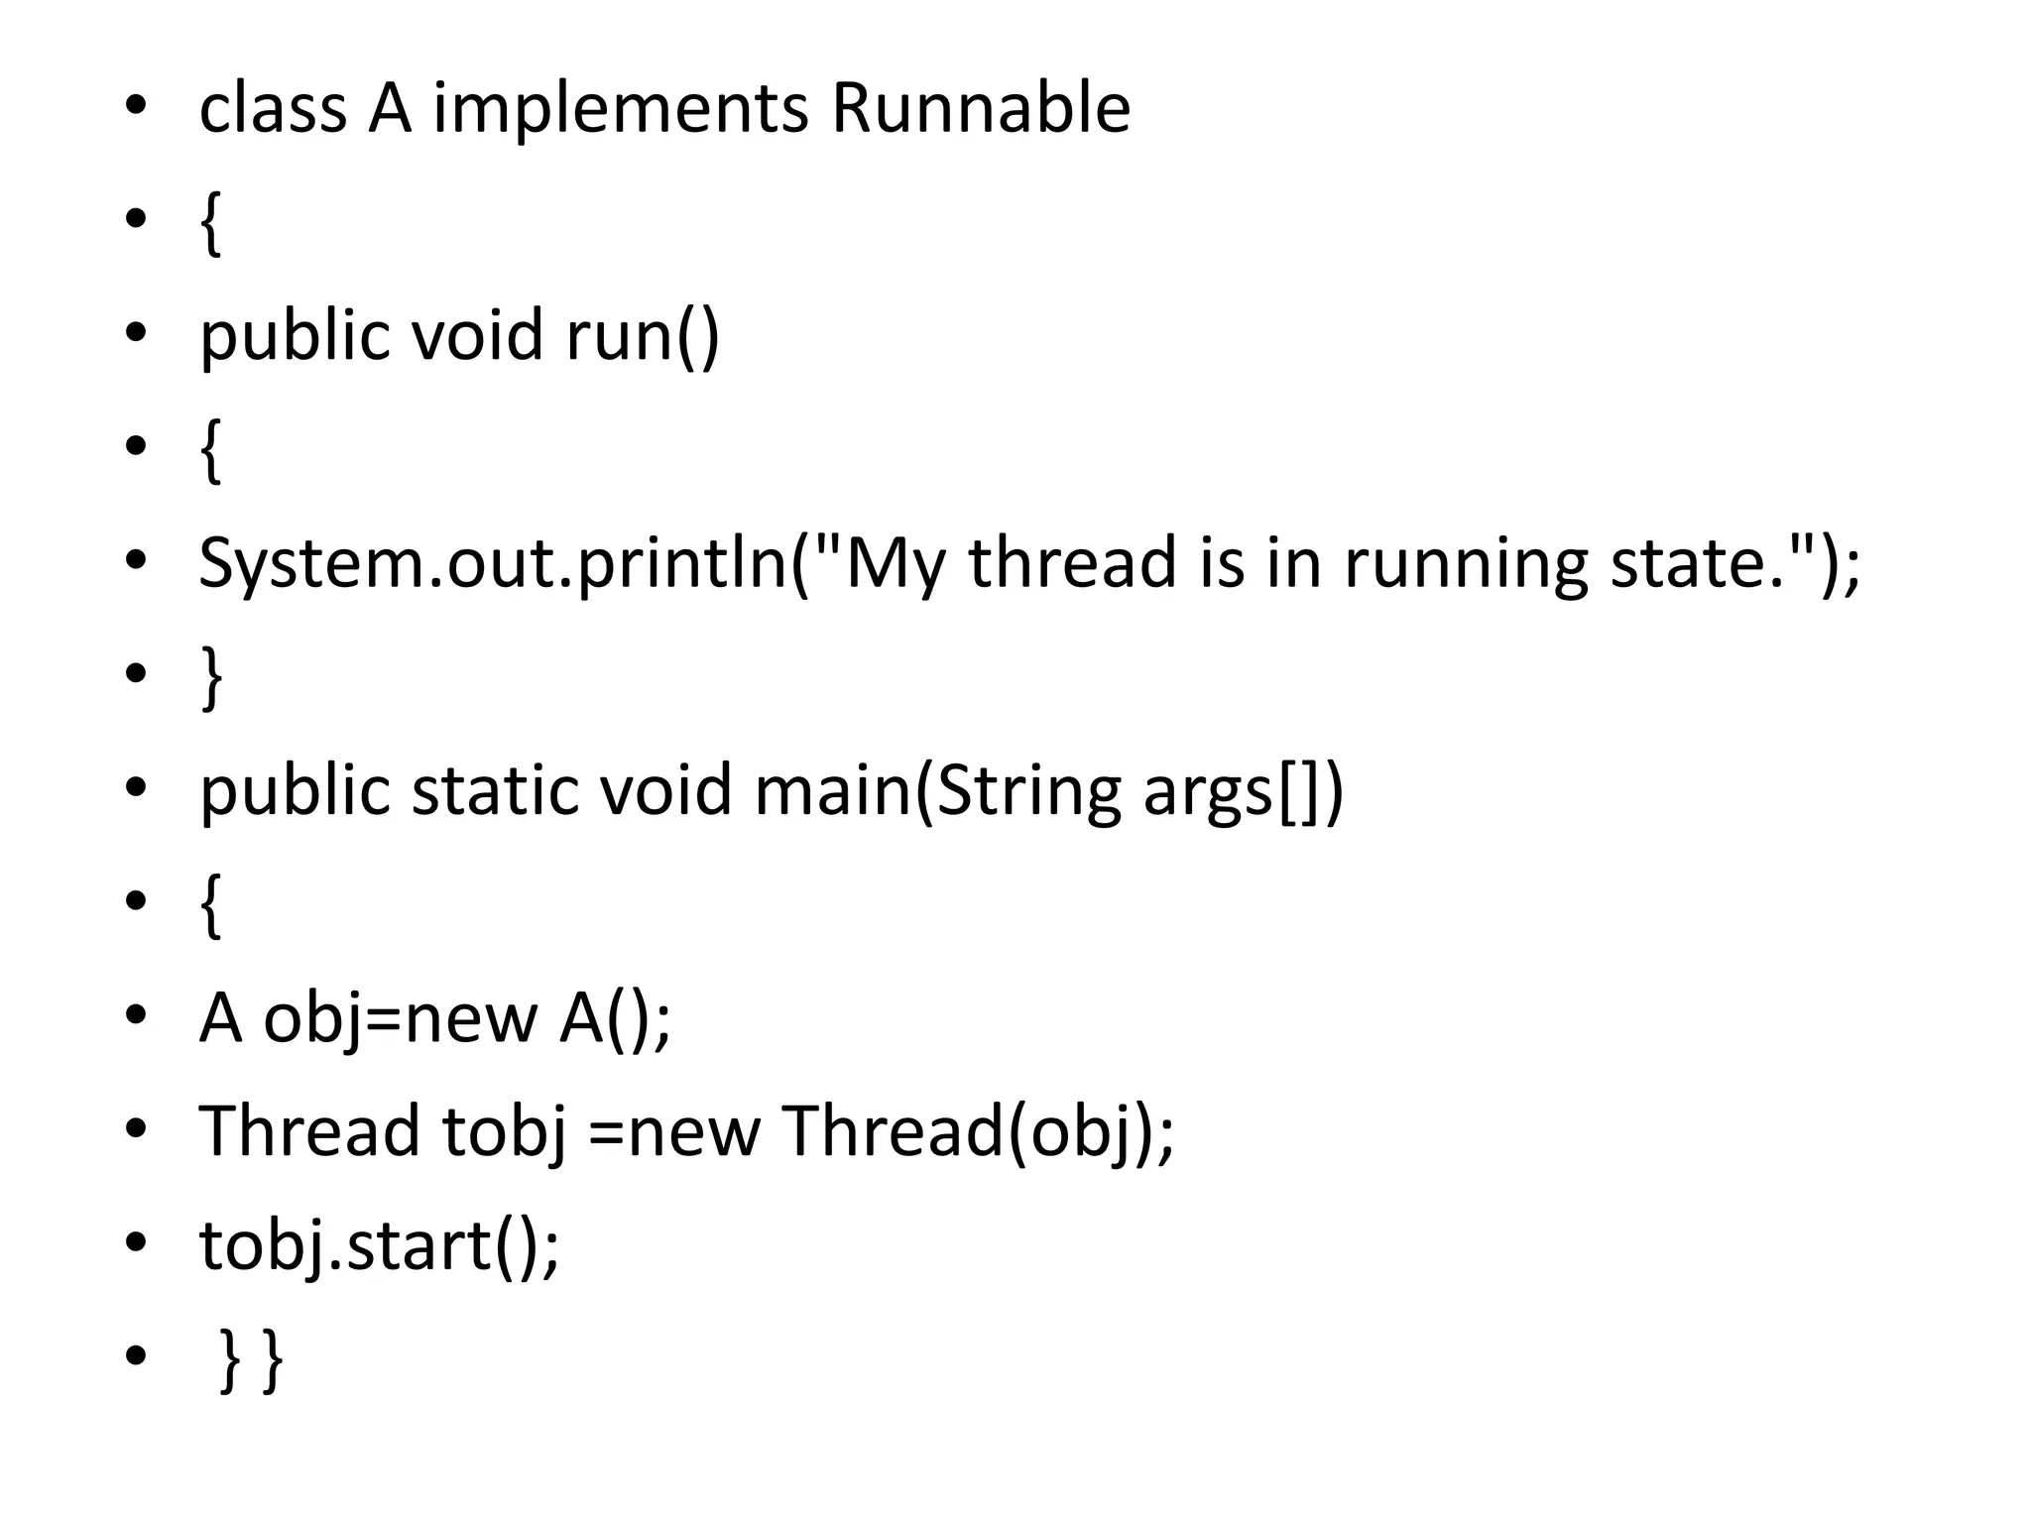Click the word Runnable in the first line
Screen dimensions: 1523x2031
click(980, 108)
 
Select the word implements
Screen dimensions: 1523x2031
click(620, 110)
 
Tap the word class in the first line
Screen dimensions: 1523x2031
click(273, 108)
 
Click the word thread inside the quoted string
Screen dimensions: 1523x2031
click(1073, 562)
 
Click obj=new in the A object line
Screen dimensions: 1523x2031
click(400, 1019)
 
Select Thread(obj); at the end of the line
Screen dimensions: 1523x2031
click(978, 1131)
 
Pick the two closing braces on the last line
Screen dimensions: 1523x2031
click(250, 1360)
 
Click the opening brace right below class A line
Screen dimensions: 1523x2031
click(210, 224)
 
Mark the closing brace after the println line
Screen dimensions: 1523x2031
click(210, 678)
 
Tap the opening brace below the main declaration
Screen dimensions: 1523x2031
click(210, 905)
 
